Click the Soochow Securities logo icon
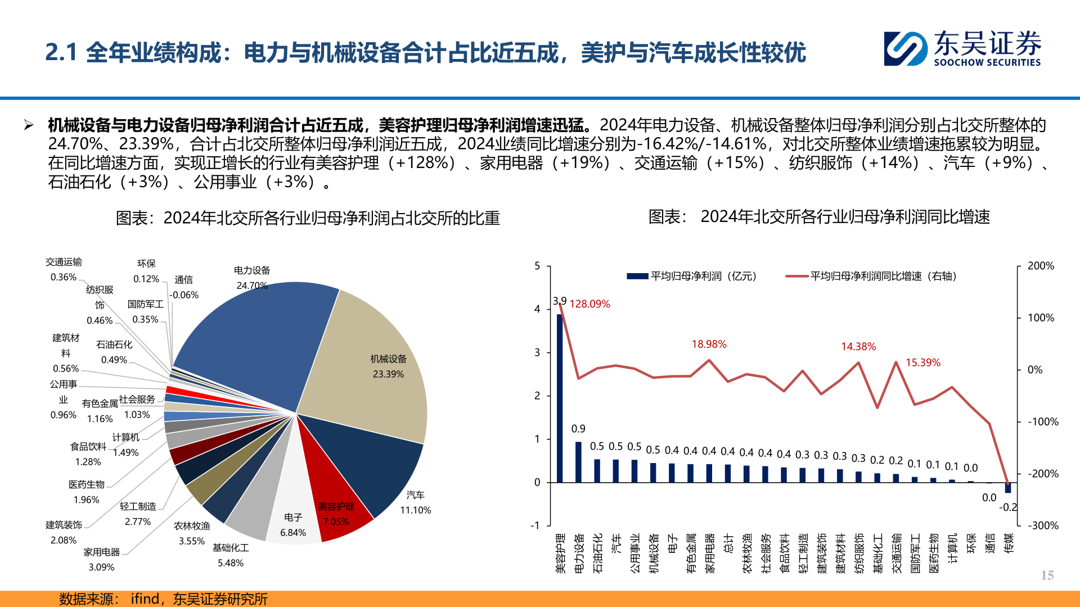click(x=905, y=48)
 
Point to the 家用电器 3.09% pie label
click(x=101, y=559)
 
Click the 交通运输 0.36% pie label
click(x=64, y=269)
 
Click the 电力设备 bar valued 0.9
click(x=578, y=462)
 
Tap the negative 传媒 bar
click(x=1008, y=488)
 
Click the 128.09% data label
click(x=589, y=304)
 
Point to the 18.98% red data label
click(x=709, y=344)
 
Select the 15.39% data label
click(x=922, y=363)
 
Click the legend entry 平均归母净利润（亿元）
click(x=692, y=276)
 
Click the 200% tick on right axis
click(x=1041, y=266)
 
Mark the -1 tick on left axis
click(x=535, y=526)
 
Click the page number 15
click(x=1047, y=575)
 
